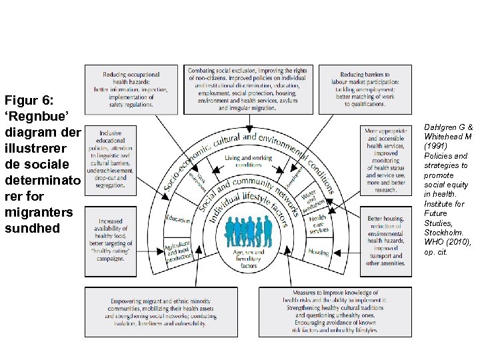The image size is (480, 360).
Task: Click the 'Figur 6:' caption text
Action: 28,101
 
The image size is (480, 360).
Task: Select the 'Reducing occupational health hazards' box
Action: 131,89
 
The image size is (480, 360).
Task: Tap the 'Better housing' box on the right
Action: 385,240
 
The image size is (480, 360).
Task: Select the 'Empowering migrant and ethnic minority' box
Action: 169,312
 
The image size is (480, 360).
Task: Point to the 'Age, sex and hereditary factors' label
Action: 249,259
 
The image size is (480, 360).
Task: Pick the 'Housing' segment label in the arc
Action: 319,253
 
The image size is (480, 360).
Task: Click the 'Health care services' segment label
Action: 318,224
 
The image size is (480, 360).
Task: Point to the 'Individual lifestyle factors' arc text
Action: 247,203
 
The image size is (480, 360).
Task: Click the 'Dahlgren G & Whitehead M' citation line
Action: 451,131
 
